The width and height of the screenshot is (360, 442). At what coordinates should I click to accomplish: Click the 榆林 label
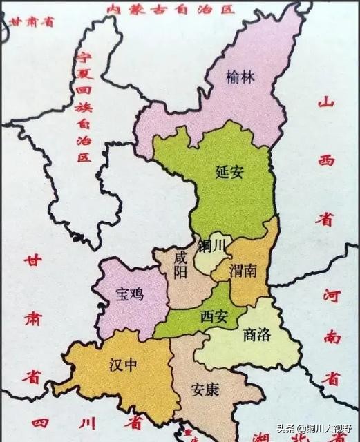[x=240, y=77]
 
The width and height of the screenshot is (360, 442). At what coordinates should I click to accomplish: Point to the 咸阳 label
[x=181, y=264]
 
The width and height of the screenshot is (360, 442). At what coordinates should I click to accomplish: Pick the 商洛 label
[x=258, y=335]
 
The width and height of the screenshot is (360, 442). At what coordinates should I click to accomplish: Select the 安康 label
[x=205, y=390]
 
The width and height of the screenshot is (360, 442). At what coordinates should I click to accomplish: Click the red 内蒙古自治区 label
[x=170, y=9]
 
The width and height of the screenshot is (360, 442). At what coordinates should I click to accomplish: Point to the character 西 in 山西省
[x=325, y=161]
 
